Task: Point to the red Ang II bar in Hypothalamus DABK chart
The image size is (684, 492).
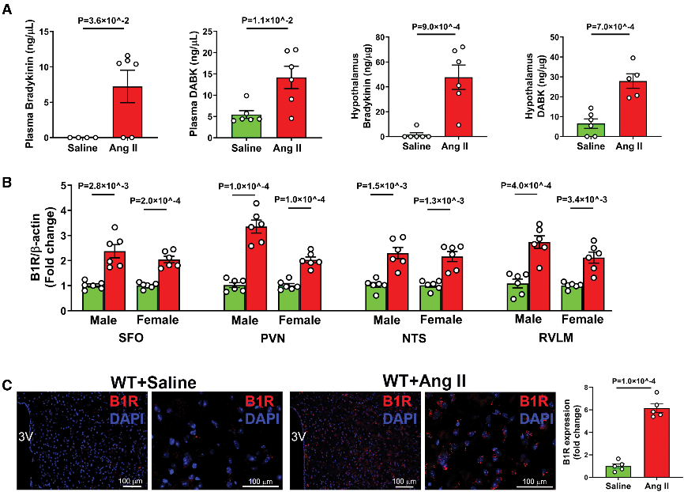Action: pos(631,108)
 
